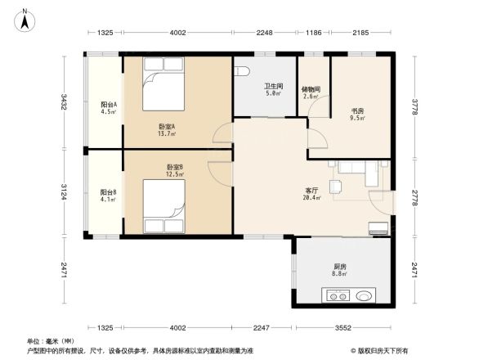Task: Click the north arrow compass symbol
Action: click(x=25, y=18)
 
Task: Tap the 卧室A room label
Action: click(x=167, y=127)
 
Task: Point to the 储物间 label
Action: click(x=310, y=88)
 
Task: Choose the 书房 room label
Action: click(x=357, y=111)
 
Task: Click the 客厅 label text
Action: click(x=311, y=191)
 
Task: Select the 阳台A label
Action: click(x=108, y=105)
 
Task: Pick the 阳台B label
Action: click(x=108, y=193)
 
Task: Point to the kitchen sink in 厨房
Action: click(x=365, y=295)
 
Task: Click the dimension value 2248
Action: click(x=264, y=33)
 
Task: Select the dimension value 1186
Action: click(x=313, y=33)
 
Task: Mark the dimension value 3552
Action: click(x=342, y=328)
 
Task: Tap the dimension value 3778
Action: click(x=414, y=106)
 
